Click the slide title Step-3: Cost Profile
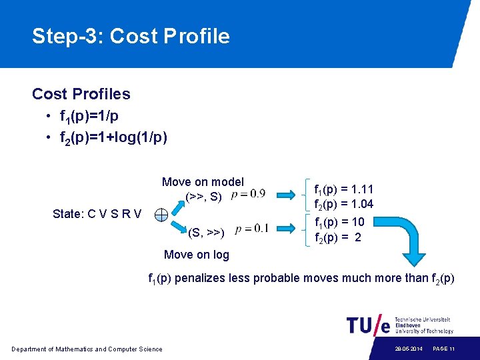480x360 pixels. point(131,36)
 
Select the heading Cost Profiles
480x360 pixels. point(81,94)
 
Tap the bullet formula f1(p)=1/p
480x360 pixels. point(89,117)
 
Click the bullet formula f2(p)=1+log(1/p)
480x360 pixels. point(113,138)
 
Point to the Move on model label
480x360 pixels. point(203,182)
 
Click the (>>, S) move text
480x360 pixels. point(203,197)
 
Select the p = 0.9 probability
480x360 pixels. point(248,195)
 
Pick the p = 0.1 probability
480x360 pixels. point(252,228)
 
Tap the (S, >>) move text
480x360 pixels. point(206,233)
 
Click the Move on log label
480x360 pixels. point(196,254)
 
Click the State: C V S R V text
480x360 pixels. point(97,214)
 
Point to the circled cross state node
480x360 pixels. point(161,215)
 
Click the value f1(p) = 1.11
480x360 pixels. point(344,190)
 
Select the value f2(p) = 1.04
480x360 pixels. point(344,204)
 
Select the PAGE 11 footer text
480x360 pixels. point(443,349)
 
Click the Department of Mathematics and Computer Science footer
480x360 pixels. point(87,349)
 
